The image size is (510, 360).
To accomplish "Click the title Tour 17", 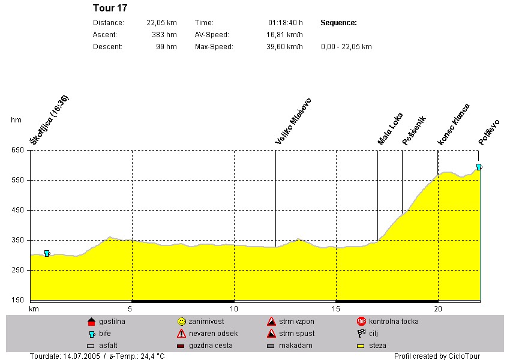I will click(110, 8).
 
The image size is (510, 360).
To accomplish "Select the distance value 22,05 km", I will click(161, 23).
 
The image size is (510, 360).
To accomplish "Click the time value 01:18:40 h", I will click(285, 23).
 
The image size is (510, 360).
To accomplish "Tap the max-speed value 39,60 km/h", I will click(284, 47).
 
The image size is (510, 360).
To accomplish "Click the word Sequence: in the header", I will click(339, 23).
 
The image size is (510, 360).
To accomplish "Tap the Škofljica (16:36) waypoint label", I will click(50, 120).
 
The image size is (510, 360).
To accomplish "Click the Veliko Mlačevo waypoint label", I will click(293, 121).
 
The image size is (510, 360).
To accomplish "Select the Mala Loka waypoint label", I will click(390, 129).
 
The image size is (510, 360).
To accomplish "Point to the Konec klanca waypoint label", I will click(454, 124).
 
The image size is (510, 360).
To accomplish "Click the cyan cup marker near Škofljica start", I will click(47, 253).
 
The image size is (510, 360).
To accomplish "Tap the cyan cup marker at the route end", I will click(479, 167).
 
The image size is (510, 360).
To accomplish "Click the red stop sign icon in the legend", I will click(361, 322).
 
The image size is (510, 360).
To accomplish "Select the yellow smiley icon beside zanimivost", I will click(181, 322).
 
